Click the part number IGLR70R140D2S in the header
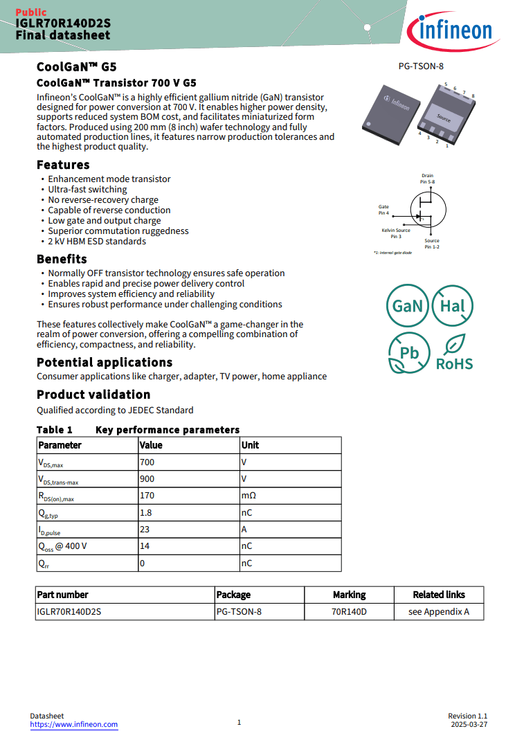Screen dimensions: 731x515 tap(63, 23)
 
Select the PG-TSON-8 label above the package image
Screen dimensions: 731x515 tap(421, 66)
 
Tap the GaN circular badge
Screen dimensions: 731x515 tap(407, 306)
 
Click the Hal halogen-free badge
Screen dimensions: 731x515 tap(453, 306)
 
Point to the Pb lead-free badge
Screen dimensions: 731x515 tap(409, 353)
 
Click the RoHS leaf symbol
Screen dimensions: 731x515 tap(455, 344)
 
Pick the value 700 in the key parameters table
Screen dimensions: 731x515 tap(147, 462)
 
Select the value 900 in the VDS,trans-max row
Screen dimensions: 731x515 tap(147, 479)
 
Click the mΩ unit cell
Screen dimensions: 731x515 tap(248, 496)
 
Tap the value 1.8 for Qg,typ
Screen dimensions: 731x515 tap(145, 512)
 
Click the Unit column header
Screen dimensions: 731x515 tap(250, 445)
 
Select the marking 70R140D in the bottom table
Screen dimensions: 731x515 tap(349, 612)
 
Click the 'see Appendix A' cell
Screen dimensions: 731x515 tap(439, 612)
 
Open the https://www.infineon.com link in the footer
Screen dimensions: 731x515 tap(74, 724)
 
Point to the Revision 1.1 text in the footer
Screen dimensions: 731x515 tap(468, 716)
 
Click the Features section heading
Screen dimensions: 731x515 tap(63, 165)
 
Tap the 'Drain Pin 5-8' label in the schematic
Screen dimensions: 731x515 tap(428, 179)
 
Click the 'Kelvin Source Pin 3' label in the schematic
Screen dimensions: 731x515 tap(396, 233)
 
